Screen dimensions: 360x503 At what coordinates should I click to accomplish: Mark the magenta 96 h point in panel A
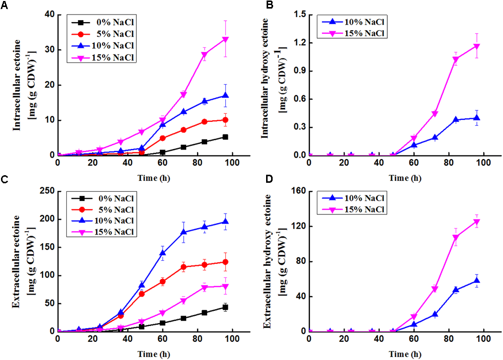tap(225, 39)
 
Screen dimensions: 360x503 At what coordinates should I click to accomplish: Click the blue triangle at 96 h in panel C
tap(225, 222)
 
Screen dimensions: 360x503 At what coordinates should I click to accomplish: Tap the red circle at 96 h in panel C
tap(225, 262)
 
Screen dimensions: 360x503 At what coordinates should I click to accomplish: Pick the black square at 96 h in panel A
tap(225, 137)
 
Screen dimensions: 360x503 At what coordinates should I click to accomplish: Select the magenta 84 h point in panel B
tap(456, 59)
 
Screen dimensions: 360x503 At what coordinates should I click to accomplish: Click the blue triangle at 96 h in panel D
tap(476, 280)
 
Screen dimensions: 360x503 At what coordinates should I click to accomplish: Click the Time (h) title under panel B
tap(405, 178)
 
